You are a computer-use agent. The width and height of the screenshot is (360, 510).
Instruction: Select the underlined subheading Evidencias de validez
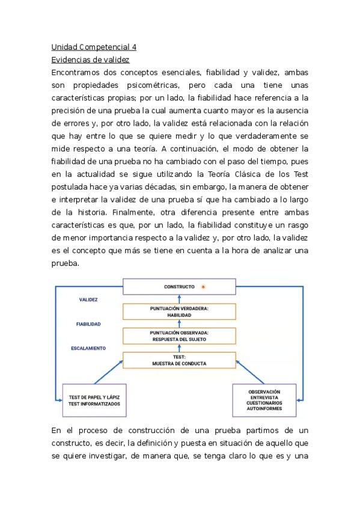pos(90,60)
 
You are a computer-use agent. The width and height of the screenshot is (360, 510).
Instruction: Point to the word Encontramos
pos(79,72)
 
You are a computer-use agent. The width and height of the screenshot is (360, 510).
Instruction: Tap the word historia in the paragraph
pos(92,212)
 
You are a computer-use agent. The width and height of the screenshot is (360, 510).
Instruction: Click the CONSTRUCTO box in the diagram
pos(179,287)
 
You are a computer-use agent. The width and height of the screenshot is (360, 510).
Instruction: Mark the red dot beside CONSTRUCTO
pos(203,287)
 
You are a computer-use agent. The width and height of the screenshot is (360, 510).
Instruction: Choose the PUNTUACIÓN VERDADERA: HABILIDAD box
pos(179,312)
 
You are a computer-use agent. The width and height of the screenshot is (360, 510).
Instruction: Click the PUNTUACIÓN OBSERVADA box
pos(179,336)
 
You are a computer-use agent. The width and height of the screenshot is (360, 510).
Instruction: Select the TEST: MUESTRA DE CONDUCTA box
pos(179,360)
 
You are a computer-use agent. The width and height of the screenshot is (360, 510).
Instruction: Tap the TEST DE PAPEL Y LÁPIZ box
pos(94,400)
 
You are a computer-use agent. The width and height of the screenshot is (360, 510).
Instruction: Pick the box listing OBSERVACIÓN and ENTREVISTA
pos(264,400)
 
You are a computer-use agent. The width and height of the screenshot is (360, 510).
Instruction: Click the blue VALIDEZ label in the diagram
pos(88,299)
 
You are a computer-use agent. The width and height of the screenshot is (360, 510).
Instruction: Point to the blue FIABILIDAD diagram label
pos(88,324)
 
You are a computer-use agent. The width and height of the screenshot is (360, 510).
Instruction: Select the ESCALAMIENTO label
pos(88,348)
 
